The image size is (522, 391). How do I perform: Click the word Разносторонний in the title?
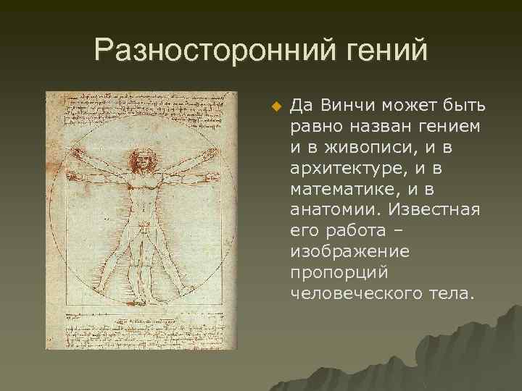(198, 51)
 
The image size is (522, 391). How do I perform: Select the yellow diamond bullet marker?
(275, 108)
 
